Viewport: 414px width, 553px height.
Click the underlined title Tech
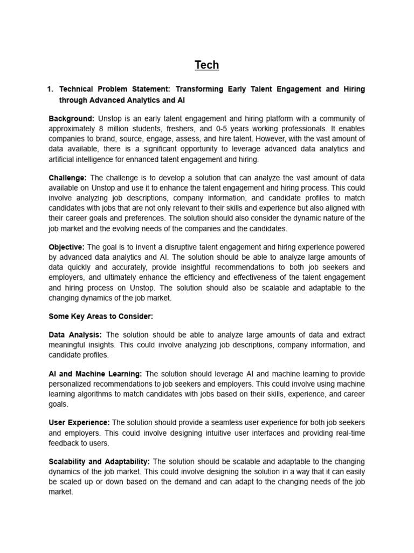207,65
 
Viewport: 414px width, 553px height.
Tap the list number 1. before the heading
51,89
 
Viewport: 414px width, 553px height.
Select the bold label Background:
72,118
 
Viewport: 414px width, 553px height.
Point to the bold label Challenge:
68,177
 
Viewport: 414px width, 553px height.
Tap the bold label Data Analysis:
75,335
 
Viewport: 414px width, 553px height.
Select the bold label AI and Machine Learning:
95,374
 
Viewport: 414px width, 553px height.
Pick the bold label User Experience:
79,423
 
